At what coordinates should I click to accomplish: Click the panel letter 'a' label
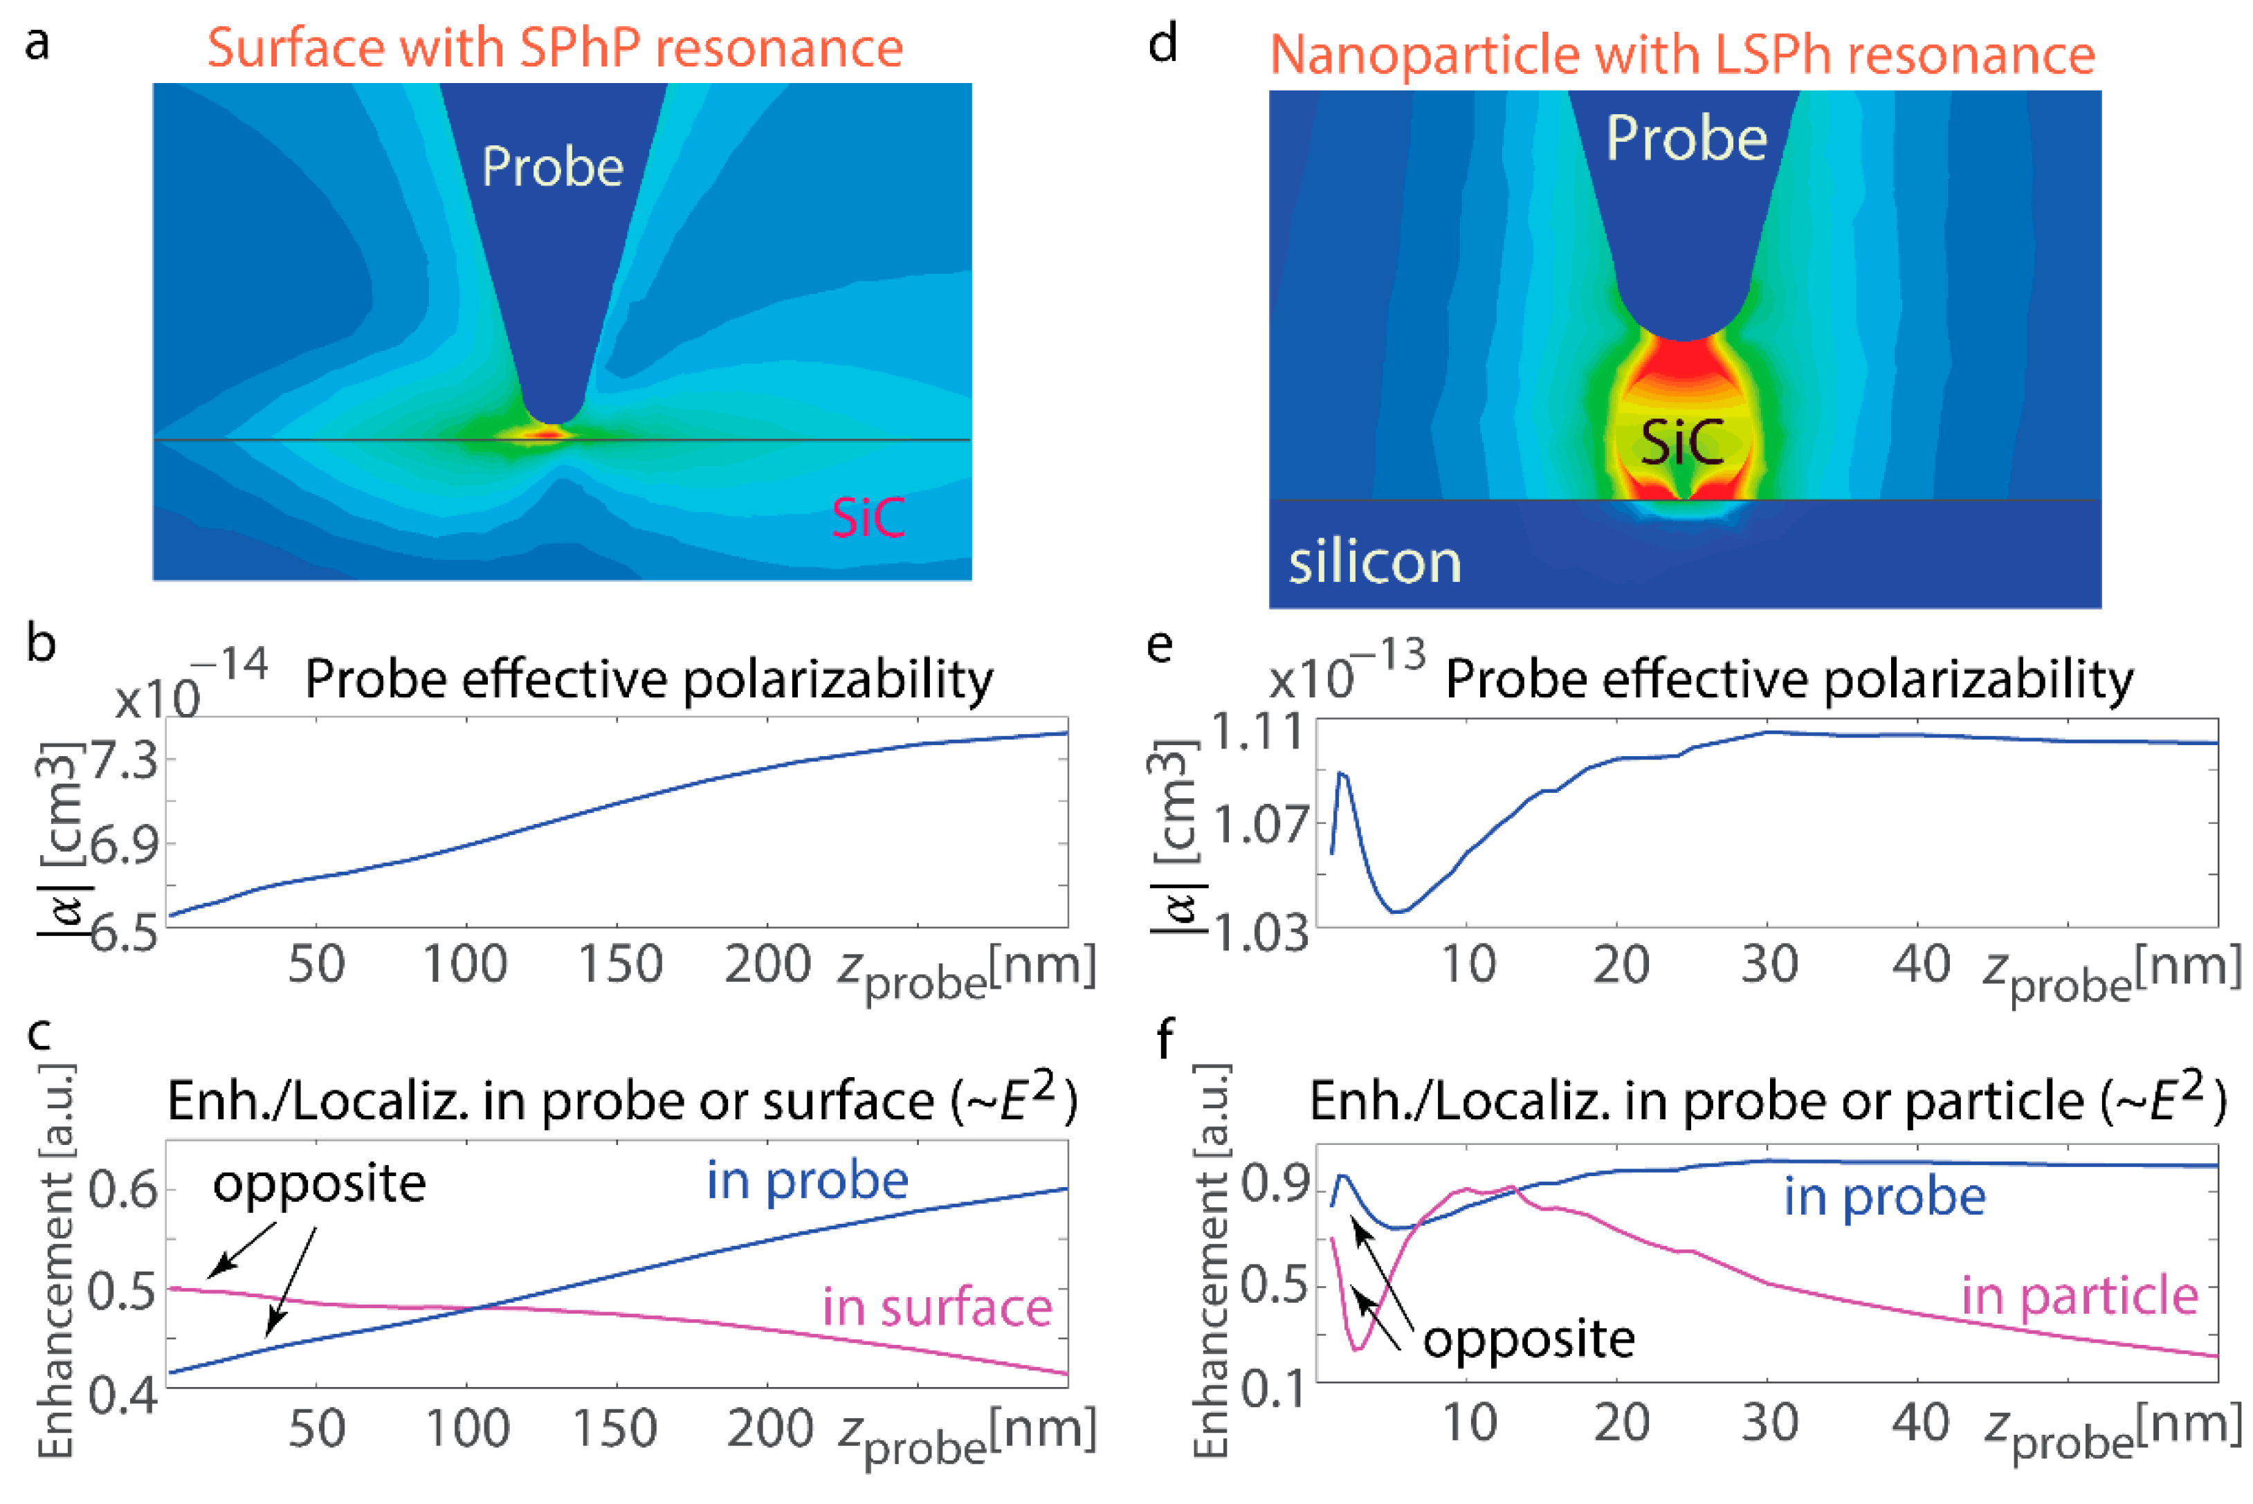point(37,43)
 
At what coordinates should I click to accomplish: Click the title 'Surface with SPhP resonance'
point(554,48)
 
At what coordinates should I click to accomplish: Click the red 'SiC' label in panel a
point(867,518)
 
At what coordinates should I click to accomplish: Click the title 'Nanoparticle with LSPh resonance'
point(1681,54)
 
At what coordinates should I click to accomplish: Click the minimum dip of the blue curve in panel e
point(1398,911)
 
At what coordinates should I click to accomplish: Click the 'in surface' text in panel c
point(936,1308)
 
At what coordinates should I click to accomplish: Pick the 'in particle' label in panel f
point(2079,1296)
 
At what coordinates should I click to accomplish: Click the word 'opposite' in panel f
point(1528,1338)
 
